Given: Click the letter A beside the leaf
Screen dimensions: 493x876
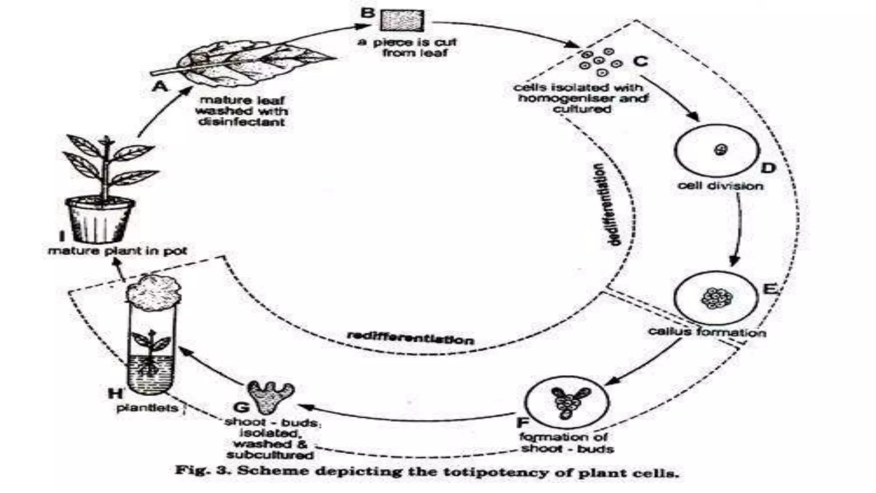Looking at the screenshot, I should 160,86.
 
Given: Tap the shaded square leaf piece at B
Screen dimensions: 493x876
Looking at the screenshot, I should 402,21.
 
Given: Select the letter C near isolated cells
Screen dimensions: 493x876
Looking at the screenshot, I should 640,62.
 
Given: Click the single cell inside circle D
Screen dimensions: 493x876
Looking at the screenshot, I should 721,150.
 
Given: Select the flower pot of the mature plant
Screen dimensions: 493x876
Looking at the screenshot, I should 100,220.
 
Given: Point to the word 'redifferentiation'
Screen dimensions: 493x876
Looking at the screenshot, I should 410,338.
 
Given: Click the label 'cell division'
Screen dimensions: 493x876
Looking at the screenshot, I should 720,186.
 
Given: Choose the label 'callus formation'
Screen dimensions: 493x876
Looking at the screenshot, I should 707,332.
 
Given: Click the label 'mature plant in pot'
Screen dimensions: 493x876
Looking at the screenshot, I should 117,251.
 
